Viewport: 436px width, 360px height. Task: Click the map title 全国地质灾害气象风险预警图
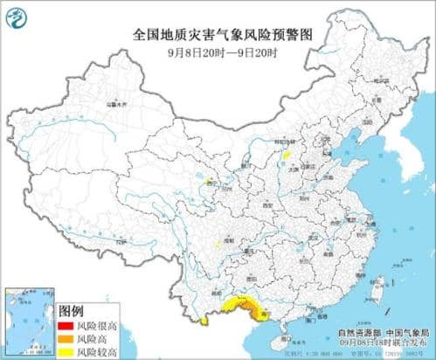tap(218, 32)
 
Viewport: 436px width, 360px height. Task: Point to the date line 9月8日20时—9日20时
tap(218, 50)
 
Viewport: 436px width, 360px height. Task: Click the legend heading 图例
tap(71, 310)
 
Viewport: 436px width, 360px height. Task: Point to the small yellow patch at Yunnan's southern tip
tap(203, 307)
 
